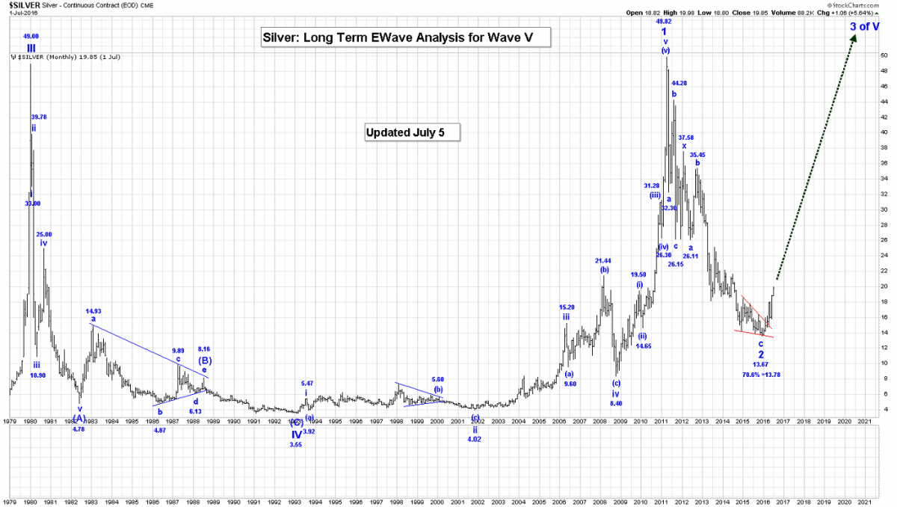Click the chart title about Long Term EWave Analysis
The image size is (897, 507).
(x=406, y=37)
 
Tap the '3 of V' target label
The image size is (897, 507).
(x=865, y=27)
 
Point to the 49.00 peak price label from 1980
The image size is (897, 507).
(x=31, y=36)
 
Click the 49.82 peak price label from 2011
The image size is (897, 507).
(x=664, y=22)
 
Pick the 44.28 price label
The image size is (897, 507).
(x=679, y=83)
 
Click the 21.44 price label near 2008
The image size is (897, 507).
(x=603, y=261)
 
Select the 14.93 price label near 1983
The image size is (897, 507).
(x=93, y=311)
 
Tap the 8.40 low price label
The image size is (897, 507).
(x=617, y=403)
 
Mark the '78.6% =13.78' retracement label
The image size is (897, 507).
(x=761, y=374)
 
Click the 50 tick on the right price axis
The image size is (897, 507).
(x=884, y=55)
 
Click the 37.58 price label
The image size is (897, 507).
(x=686, y=138)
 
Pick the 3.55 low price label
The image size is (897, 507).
(x=296, y=445)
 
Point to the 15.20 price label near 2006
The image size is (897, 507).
(x=567, y=307)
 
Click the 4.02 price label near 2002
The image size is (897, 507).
(x=475, y=439)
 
